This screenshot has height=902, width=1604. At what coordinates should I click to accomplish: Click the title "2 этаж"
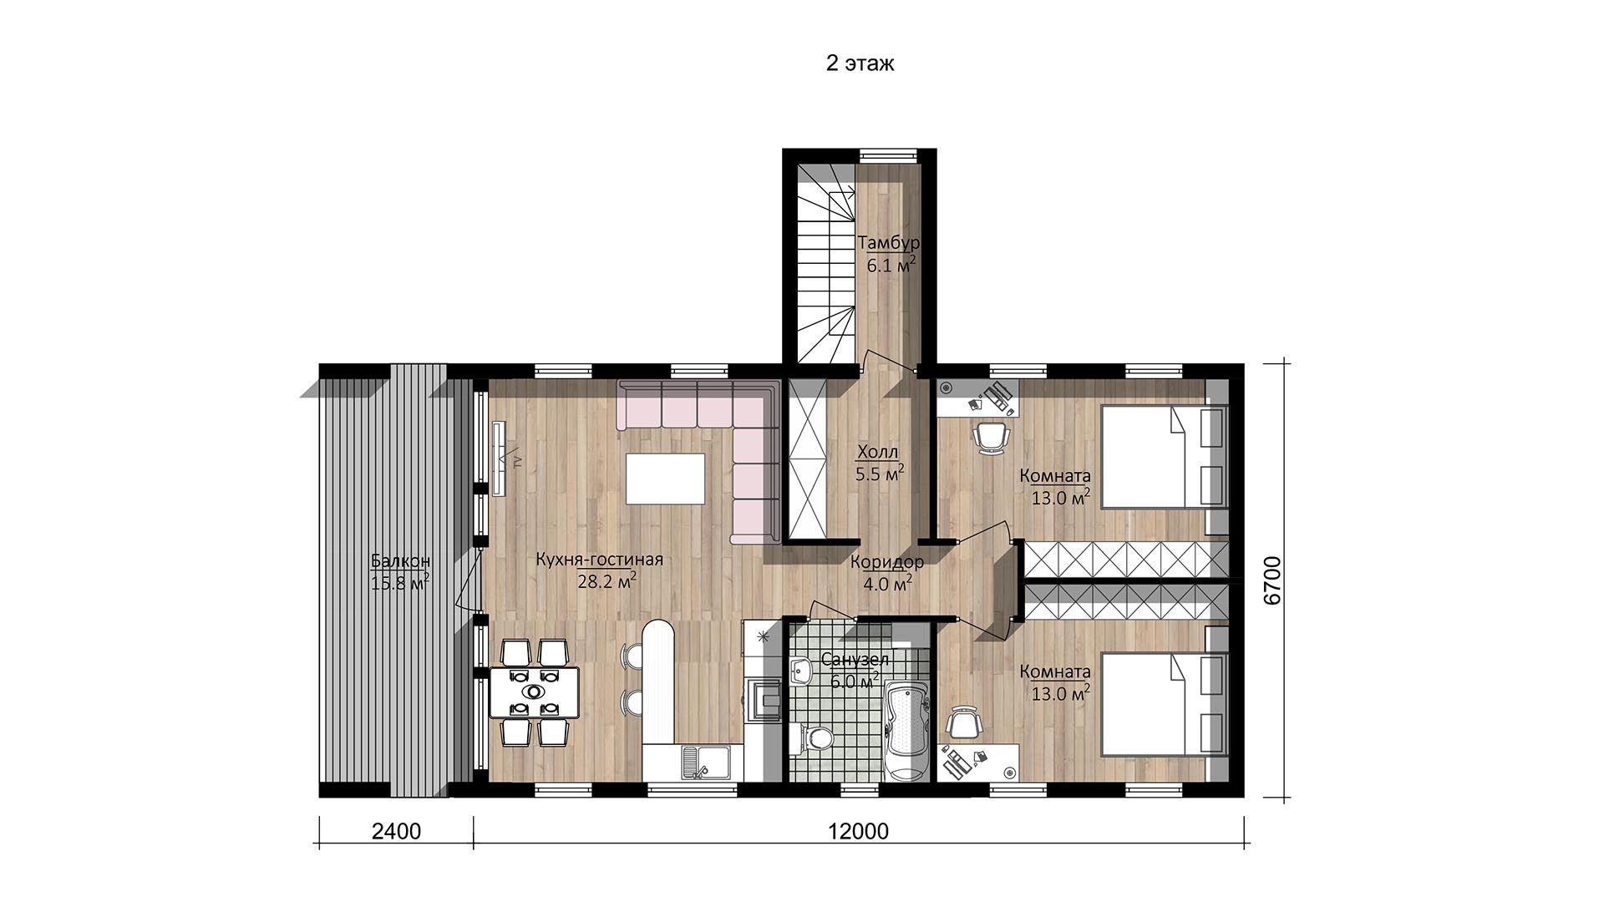(x=860, y=63)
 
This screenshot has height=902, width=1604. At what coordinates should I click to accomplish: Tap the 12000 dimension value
(x=859, y=832)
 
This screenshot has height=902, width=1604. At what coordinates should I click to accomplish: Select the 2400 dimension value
(x=396, y=832)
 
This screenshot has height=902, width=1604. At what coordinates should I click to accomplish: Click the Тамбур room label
(x=889, y=243)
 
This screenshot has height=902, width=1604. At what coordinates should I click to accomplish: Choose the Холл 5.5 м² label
(x=879, y=464)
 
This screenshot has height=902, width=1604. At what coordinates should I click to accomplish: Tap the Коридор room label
(x=887, y=561)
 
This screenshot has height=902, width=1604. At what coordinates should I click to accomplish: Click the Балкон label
(x=400, y=560)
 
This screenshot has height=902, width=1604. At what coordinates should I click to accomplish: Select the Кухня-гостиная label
(x=599, y=560)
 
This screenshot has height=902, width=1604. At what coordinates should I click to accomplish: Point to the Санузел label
(x=855, y=660)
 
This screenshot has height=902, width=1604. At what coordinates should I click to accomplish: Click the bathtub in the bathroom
(x=906, y=730)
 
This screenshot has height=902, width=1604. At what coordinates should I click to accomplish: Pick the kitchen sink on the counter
(x=705, y=761)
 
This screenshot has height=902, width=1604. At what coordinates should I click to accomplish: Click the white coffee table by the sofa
(x=666, y=479)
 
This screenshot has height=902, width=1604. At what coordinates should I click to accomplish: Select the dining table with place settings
(x=534, y=692)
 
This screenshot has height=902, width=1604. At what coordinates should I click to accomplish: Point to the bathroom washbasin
(x=803, y=670)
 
